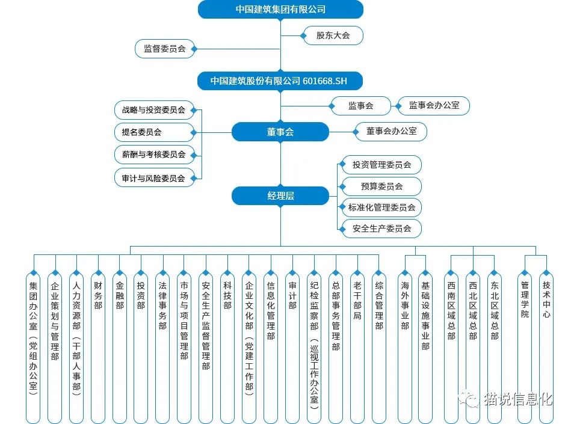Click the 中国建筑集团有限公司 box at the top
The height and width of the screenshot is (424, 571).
coord(280,9)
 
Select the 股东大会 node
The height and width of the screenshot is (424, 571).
coord(333,35)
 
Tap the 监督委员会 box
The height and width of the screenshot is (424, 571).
coord(165,49)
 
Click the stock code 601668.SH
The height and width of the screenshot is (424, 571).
coord(324,81)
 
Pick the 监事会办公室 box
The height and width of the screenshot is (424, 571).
coord(434,105)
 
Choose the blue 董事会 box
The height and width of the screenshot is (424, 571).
coord(280,132)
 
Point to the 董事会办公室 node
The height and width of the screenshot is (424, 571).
coord(391,131)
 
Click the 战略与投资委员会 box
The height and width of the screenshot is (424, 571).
coord(153,110)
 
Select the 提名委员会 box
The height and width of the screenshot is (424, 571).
coord(153,132)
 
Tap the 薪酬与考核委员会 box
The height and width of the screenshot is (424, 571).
coord(153,155)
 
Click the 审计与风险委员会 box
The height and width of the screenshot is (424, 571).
coord(153,178)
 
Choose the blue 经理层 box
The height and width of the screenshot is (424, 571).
coord(280,196)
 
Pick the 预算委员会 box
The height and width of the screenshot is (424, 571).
coord(381,186)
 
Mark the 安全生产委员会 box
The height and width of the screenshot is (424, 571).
coord(381,229)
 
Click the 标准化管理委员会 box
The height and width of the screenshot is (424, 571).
coord(381,207)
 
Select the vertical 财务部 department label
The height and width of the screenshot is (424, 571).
coord(98,295)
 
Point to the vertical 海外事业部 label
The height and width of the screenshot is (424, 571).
coord(405,306)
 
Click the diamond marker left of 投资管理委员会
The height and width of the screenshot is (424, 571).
coord(342,165)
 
